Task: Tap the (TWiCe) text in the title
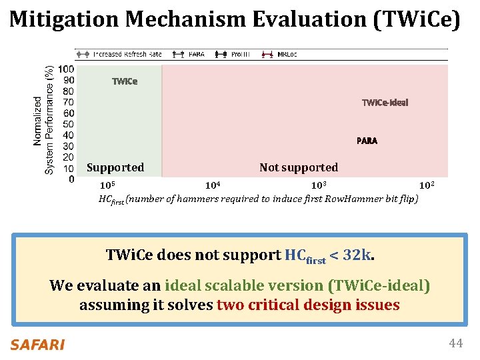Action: pyautogui.click(x=417, y=20)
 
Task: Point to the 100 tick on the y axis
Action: pyautogui.click(x=66, y=69)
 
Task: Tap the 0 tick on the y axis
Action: pyautogui.click(x=71, y=179)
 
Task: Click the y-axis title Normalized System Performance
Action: pyautogui.click(x=43, y=120)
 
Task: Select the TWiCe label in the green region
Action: pyautogui.click(x=125, y=82)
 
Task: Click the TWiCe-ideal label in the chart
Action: pyautogui.click(x=385, y=103)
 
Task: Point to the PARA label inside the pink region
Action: pyautogui.click(x=367, y=141)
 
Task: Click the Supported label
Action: pyautogui.click(x=115, y=167)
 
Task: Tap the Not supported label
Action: pyautogui.click(x=299, y=167)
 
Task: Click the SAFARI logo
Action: pyautogui.click(x=37, y=345)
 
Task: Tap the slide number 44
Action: pyautogui.click(x=456, y=343)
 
